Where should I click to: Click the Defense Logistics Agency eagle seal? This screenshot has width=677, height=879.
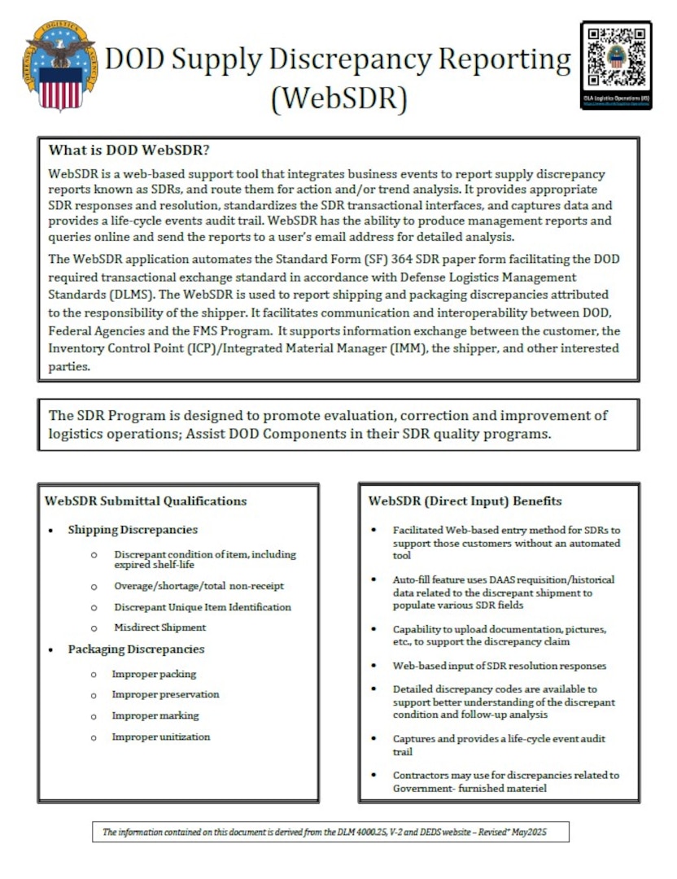pos(59,66)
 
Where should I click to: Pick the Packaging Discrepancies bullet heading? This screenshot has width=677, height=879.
pos(136,649)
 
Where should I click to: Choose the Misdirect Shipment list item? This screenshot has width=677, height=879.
pos(159,628)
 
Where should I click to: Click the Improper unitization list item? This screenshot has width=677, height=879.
pos(161,737)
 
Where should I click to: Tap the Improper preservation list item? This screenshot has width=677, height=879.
pos(165,694)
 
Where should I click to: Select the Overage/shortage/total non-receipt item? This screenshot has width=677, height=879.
pos(199,586)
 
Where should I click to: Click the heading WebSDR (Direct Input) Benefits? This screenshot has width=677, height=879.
pos(465,501)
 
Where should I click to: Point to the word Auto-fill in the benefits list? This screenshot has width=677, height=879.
pos(413,579)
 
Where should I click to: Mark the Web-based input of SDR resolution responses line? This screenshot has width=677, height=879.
pos(499,665)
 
